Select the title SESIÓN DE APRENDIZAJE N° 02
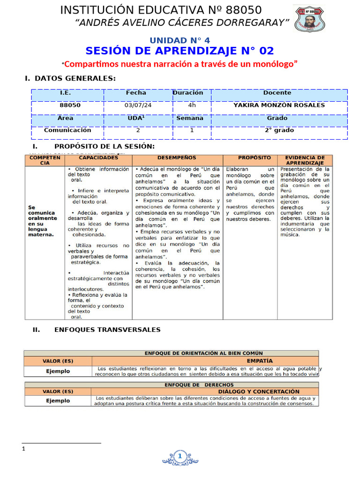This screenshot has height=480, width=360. pos(180,51)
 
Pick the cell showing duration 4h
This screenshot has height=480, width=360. pos(192,105)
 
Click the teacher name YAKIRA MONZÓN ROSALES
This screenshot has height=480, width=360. pos(279,105)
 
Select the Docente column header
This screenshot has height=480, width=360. pos(277,93)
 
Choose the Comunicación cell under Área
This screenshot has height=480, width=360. pos(67,130)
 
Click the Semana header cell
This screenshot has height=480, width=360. pos(190,118)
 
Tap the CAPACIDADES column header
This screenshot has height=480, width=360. pos(98,158)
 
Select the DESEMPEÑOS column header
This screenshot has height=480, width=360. pos(177,158)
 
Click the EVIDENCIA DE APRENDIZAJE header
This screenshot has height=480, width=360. pos(305,160)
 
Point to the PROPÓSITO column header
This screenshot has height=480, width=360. pos(254,158)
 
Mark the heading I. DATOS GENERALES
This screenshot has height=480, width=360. pos(70,78)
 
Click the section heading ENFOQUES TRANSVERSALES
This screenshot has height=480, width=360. pos(107,330)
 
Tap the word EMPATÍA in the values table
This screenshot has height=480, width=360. pos(260,361)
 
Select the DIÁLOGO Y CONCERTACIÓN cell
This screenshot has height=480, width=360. pos(259,391)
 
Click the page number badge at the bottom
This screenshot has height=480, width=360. pos(180,456)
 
